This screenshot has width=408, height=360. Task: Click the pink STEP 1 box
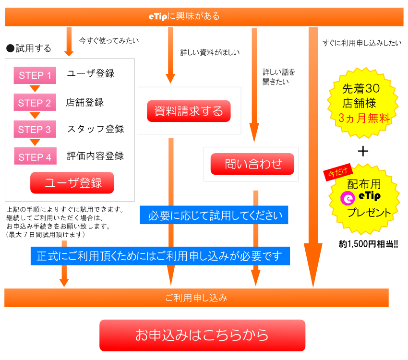coord(35,75)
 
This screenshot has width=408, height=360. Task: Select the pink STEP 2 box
coord(35,103)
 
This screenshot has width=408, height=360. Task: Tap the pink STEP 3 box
coord(35,130)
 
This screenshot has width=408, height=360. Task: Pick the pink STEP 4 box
coord(35,157)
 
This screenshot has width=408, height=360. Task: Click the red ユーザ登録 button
coord(72,183)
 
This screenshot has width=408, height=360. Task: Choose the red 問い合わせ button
coord(252,164)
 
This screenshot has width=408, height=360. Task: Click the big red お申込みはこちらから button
coord(202,335)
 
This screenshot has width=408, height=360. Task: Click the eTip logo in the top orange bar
coord(157,16)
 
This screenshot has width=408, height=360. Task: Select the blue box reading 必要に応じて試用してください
coord(214,216)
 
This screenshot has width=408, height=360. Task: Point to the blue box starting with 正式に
coord(160,256)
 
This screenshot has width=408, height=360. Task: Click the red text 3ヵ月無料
coord(364,118)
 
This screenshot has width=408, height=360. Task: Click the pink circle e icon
coord(347,198)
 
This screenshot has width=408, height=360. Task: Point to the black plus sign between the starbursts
coord(363,151)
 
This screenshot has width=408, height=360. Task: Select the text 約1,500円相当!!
coord(368,244)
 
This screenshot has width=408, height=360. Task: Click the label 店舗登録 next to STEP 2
coord(85,103)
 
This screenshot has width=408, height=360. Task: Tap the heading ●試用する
coord(28,48)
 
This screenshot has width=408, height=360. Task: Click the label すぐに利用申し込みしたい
coord(362,43)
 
